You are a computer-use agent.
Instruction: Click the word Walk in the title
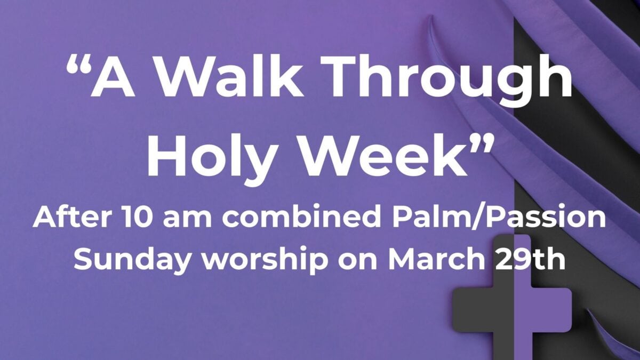click(x=228, y=76)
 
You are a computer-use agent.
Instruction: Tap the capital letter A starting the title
click(x=112, y=76)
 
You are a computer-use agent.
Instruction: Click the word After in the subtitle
click(x=71, y=217)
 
